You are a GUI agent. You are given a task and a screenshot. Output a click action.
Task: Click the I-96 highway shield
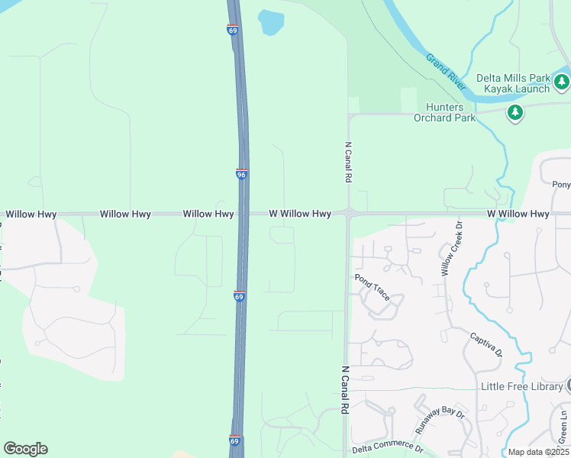tap(241, 175)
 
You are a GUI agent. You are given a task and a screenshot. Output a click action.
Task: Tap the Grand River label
tap(446, 71)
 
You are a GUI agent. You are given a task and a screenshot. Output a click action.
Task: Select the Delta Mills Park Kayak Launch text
tap(513, 83)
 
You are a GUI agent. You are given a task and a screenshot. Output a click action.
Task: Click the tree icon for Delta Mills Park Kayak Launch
tap(562, 81)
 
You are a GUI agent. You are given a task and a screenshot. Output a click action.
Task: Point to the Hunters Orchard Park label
tap(444, 112)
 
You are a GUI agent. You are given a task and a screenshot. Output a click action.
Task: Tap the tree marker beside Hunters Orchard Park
tap(515, 114)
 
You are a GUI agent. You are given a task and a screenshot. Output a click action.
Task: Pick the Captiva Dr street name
tap(486, 344)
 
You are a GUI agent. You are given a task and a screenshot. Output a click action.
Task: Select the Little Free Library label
tap(521, 386)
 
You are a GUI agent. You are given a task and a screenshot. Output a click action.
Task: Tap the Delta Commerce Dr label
tap(387, 448)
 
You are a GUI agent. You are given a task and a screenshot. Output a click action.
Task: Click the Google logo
tap(25, 448)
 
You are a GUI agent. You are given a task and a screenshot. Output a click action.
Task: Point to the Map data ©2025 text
tap(538, 452)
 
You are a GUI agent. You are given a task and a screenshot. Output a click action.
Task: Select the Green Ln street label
tap(563, 425)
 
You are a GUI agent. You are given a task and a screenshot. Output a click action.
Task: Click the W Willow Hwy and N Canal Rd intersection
tap(348, 214)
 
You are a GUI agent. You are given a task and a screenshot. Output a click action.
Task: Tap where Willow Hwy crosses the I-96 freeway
tap(243, 214)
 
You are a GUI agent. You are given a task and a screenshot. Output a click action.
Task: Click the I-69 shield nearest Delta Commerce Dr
tap(236, 440)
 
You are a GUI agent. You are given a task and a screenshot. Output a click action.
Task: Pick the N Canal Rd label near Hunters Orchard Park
tap(348, 162)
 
